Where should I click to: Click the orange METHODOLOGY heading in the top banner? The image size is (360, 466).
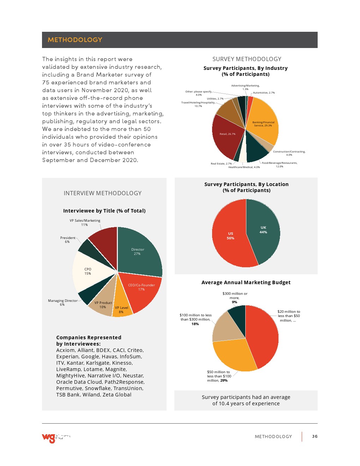click(x=75, y=40)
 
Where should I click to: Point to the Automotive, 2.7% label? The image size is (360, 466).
click(x=264, y=93)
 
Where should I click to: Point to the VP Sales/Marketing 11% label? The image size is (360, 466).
click(x=85, y=222)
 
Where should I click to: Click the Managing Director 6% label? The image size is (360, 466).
click(x=62, y=303)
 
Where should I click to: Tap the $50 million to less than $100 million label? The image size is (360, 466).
click(x=219, y=376)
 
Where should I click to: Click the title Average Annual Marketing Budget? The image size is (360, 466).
click(x=246, y=282)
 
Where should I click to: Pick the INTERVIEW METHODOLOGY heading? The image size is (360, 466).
click(x=102, y=193)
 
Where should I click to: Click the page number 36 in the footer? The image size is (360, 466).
click(x=315, y=436)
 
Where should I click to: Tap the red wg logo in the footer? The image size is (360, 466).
click(x=49, y=438)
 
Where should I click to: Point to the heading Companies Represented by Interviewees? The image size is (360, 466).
click(x=89, y=341)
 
